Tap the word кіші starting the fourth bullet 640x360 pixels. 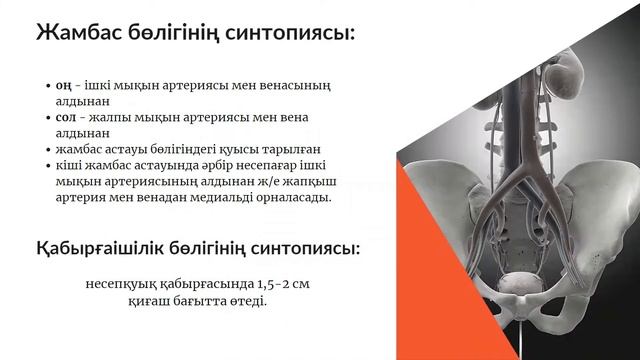tap(71, 163)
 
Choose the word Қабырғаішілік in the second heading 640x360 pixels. tap(115, 248)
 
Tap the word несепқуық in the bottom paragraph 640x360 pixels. tap(126, 284)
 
